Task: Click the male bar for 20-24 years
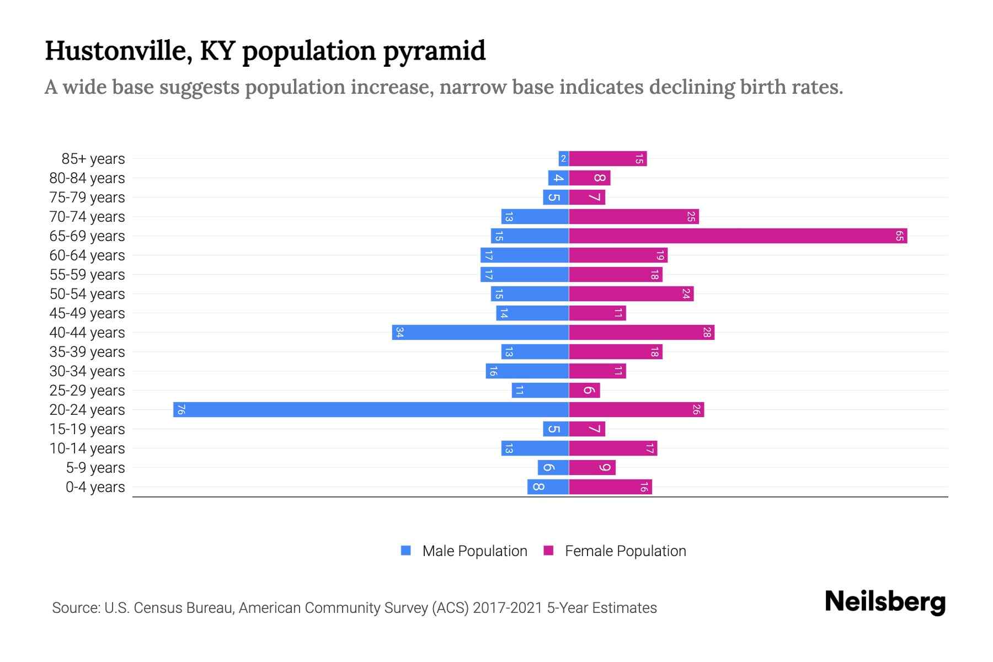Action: pos(371,409)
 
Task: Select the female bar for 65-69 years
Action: pos(738,236)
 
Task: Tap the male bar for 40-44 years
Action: pos(480,332)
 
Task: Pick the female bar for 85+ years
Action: pos(607,158)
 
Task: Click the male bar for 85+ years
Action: pos(563,158)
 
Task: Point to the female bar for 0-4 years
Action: pos(610,487)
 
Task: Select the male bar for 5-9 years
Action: pos(553,467)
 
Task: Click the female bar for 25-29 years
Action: pos(584,390)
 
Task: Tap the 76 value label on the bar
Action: pos(181,409)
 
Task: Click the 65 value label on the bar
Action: pos(899,236)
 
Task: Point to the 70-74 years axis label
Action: pos(87,217)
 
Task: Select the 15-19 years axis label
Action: pos(87,429)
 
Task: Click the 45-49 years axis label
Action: pos(87,313)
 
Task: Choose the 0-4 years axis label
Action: pos(95,487)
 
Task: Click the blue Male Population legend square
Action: pos(406,551)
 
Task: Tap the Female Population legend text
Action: pos(625,551)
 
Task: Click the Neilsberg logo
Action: pos(885,601)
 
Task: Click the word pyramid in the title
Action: pos(434,51)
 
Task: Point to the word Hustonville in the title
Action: pos(118,51)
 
